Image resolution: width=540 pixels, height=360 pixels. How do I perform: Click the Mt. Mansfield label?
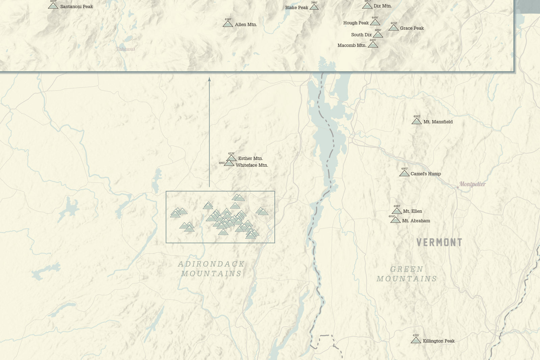coord(438,122)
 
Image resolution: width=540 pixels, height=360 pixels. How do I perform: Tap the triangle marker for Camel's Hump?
coord(404,173)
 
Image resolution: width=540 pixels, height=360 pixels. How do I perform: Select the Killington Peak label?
coord(438,341)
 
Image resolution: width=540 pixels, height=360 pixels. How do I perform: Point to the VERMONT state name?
coord(439,242)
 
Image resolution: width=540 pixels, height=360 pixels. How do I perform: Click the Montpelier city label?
coord(472,184)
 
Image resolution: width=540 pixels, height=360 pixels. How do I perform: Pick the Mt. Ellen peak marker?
coord(397,211)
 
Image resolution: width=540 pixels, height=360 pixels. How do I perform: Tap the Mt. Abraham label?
coord(416,221)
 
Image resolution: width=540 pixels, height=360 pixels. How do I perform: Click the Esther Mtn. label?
coord(250,158)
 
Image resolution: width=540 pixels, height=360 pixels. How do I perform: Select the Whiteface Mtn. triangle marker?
coord(229,163)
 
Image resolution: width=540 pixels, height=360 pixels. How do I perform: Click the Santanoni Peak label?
coord(76,6)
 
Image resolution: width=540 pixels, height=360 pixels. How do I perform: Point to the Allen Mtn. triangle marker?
coord(228,24)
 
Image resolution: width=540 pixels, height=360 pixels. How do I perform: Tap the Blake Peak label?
coord(296,7)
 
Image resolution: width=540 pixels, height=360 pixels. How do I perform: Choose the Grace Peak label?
coord(412,28)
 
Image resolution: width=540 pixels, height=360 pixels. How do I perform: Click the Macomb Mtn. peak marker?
coord(373,45)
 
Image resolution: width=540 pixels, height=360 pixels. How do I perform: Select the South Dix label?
coord(361,35)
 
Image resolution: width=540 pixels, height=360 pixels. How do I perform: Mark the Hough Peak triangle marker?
coord(375,23)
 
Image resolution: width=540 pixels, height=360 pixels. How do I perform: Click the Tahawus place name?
coord(126,49)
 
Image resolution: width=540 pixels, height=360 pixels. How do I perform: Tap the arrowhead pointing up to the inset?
coord(209,79)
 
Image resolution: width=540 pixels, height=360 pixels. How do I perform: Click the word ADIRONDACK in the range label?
coord(211,264)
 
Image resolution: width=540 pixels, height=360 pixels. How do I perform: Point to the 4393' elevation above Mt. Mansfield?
coord(416,116)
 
